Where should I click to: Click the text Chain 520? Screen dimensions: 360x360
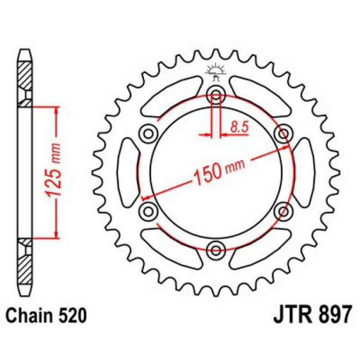[47, 315]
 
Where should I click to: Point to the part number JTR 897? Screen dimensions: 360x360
[312, 315]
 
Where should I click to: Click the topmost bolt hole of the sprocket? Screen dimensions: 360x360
[215, 95]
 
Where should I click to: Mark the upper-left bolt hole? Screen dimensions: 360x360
[148, 133]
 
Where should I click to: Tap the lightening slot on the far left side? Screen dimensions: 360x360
[128, 172]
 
